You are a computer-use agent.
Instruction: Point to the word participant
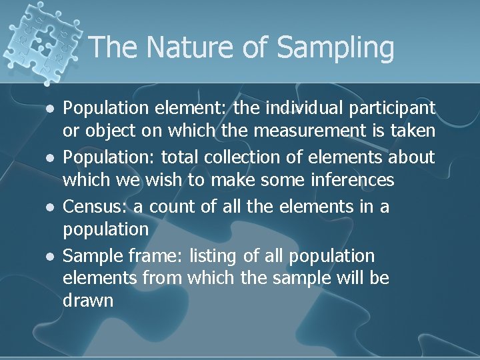pyautogui.click(x=395, y=107)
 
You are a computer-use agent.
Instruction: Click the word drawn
pyautogui.click(x=88, y=300)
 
